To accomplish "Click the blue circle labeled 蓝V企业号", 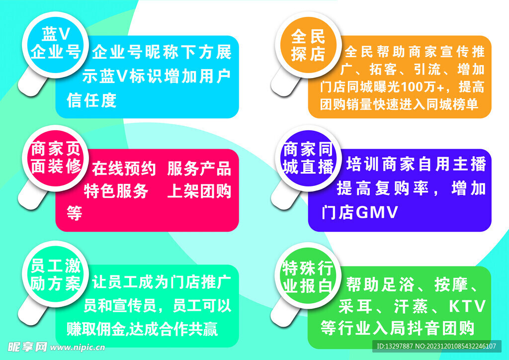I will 55,43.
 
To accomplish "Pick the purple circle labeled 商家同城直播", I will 308,158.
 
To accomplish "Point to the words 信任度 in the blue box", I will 91,100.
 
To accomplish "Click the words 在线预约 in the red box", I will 124,169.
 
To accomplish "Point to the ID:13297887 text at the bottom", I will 395,346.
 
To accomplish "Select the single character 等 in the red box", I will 74,213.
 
